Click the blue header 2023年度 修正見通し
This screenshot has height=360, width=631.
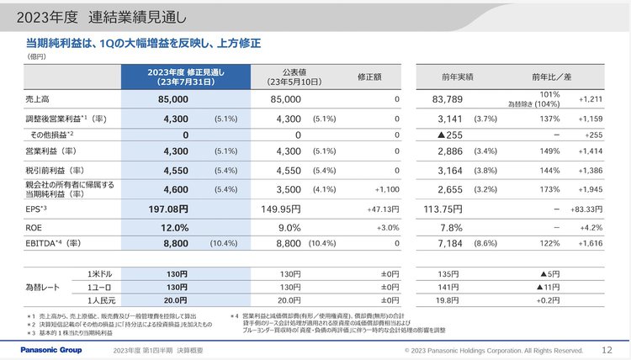pyautogui.click(x=184, y=77)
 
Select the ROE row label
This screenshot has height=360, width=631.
pyautogui.click(x=34, y=227)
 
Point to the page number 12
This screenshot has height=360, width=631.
pyautogui.click(x=607, y=349)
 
